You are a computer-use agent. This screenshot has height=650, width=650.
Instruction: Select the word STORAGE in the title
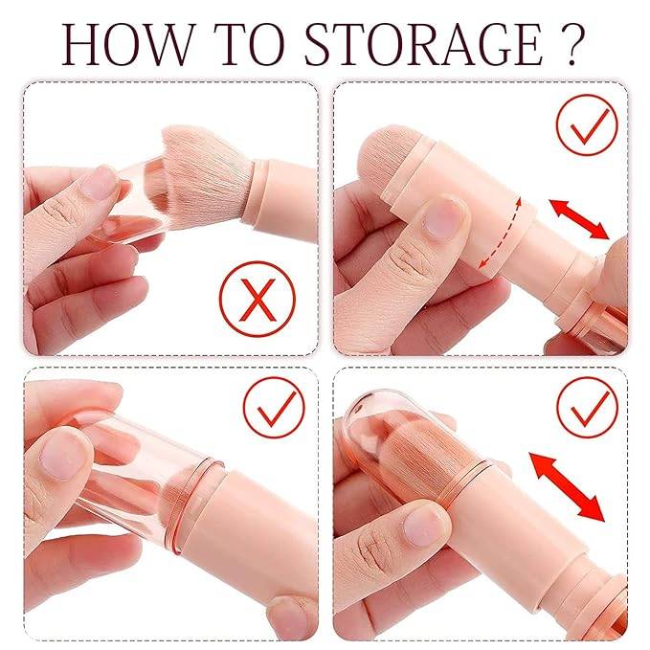point(425,42)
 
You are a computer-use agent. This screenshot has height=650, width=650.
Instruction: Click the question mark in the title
point(571,42)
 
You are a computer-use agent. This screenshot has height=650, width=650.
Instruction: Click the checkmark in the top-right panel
point(585,125)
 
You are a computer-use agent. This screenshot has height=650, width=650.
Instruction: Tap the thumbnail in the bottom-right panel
point(420,525)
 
